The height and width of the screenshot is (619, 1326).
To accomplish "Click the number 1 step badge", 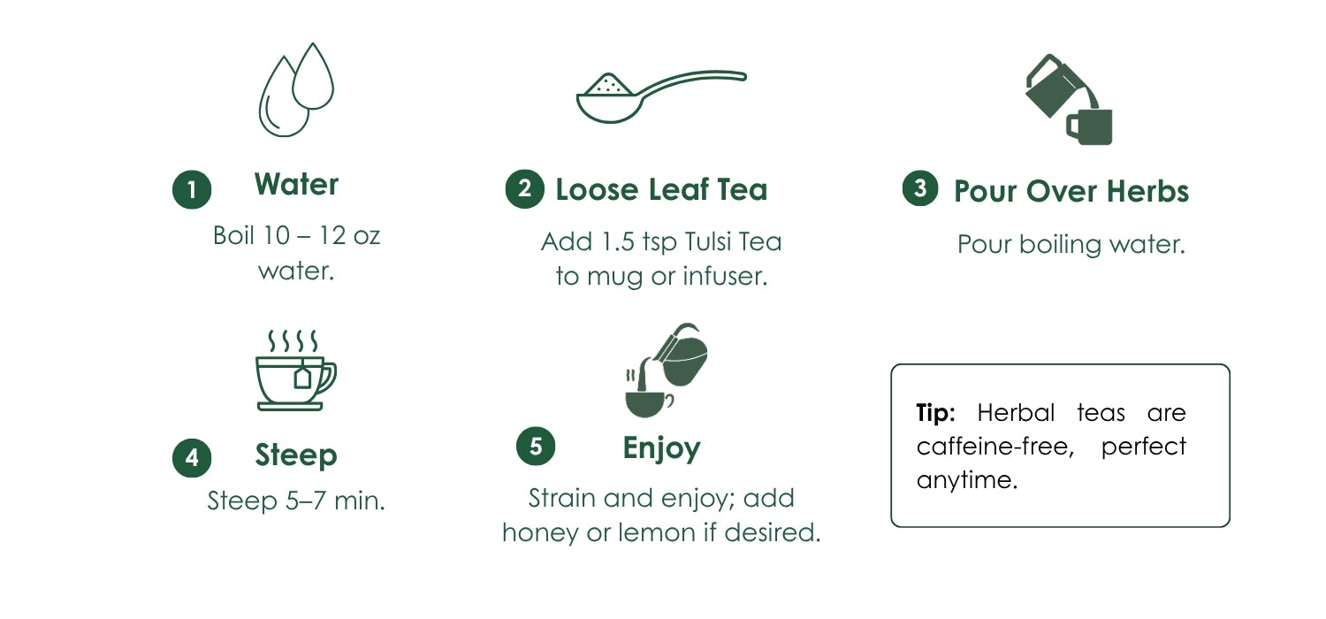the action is click(x=192, y=189).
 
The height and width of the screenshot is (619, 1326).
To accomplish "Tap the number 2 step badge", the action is click(x=524, y=189).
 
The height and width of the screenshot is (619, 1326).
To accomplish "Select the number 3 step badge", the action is click(x=920, y=188).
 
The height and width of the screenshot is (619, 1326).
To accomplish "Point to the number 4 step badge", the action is click(x=192, y=458).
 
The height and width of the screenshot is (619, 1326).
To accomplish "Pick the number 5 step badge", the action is click(x=536, y=446).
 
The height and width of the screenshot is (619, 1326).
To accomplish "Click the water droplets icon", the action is click(x=296, y=89).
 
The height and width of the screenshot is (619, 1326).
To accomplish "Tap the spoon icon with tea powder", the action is click(x=661, y=96).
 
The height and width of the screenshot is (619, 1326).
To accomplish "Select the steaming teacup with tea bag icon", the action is click(x=295, y=371).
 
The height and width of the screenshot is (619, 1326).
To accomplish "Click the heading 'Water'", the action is click(x=296, y=184).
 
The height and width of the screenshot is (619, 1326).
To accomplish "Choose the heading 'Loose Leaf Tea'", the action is click(x=661, y=189).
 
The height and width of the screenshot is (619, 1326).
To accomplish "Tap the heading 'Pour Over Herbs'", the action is click(x=1071, y=191).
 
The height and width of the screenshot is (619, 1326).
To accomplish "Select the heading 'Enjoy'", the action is click(x=661, y=448).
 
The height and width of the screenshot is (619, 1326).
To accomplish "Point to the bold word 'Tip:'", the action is click(x=935, y=413).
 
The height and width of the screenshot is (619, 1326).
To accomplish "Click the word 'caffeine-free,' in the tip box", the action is click(x=995, y=446).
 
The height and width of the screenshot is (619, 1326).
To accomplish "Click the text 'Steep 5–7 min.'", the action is click(x=296, y=501).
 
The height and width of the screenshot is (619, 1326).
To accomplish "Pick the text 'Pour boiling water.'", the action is click(x=1071, y=245).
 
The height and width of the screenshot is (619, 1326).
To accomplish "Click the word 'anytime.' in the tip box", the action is click(x=967, y=480).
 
